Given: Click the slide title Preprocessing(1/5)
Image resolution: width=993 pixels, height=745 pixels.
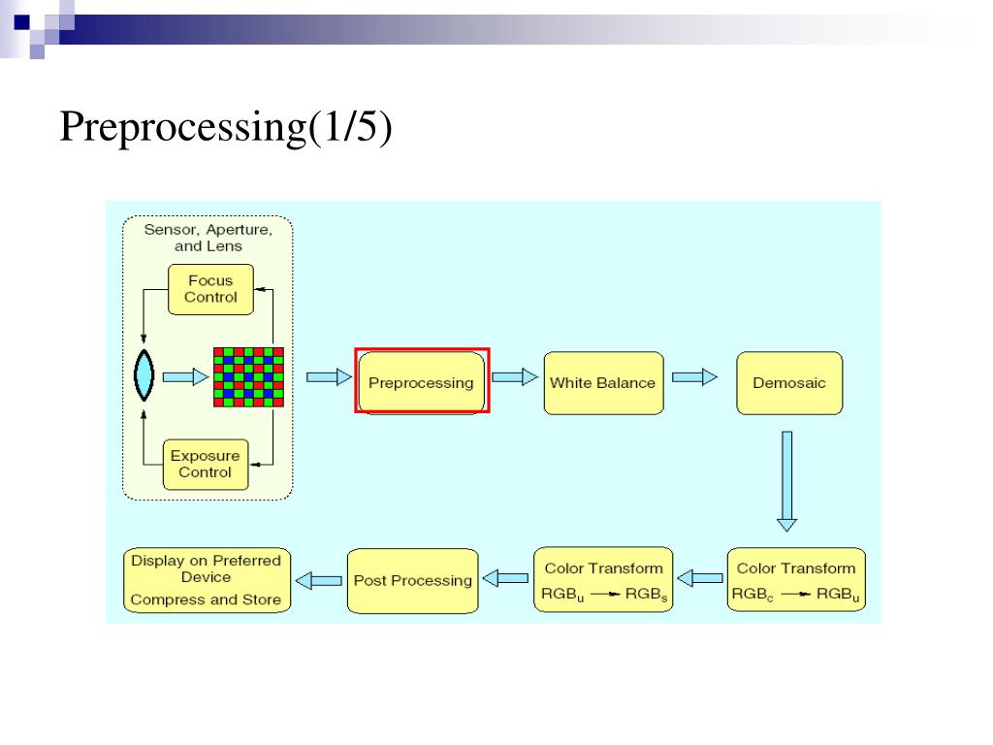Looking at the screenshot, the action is (x=226, y=126).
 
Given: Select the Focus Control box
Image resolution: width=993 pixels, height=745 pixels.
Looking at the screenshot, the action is (x=210, y=289).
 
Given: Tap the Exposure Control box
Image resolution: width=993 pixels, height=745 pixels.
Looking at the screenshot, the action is (x=206, y=465).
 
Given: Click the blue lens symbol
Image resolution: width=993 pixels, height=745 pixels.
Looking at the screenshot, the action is (x=144, y=375).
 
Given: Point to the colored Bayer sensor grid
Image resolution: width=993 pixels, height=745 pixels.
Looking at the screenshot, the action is (x=248, y=377).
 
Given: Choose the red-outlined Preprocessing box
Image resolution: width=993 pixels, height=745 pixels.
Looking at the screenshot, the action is (x=423, y=380).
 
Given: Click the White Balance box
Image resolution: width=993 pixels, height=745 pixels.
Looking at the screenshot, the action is (x=603, y=383).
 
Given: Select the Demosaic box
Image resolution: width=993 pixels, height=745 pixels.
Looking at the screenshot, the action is (x=789, y=383).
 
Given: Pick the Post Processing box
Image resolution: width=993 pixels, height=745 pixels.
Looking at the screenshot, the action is (x=413, y=581).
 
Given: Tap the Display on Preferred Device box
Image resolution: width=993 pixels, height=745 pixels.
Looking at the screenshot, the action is (x=208, y=580).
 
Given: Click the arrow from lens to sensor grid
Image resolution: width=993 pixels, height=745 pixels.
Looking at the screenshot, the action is (x=185, y=377).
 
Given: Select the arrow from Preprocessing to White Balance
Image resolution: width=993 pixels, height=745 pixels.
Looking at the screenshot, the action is (x=515, y=377).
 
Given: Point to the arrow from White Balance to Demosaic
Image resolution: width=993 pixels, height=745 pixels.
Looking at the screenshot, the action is (x=694, y=377).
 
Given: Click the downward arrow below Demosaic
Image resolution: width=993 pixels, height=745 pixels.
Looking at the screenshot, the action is (x=787, y=481).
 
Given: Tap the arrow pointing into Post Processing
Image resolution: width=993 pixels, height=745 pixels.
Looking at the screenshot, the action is (x=505, y=578).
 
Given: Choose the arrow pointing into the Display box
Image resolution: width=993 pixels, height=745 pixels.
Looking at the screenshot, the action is (x=318, y=580).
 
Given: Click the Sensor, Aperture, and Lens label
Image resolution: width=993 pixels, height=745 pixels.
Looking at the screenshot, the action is (x=208, y=238).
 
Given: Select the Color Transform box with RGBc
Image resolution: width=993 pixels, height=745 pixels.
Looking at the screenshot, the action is (x=797, y=580).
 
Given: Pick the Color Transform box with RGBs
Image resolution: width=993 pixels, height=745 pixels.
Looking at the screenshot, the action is (x=603, y=580).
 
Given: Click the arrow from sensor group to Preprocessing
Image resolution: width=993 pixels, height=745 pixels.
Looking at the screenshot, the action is (x=330, y=377).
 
